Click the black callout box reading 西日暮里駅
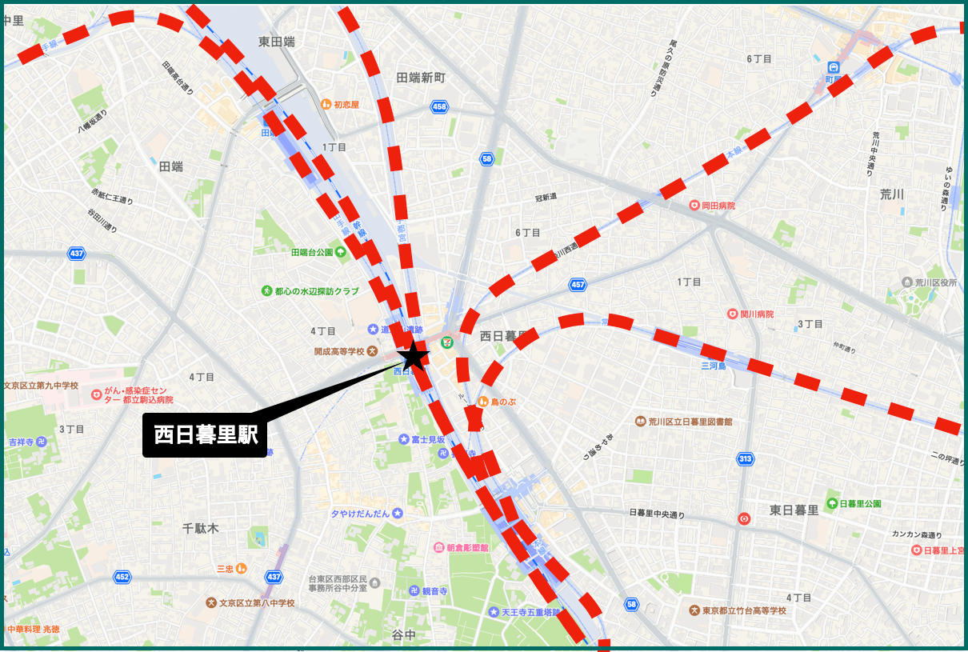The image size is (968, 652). pyautogui.click(x=205, y=435)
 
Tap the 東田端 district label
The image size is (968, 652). pyautogui.click(x=277, y=42)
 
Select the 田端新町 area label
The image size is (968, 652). pyautogui.click(x=421, y=77)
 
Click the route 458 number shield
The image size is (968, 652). pyautogui.click(x=439, y=106)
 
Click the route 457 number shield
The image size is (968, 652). pyautogui.click(x=578, y=285)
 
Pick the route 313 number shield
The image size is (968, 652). pyautogui.click(x=745, y=458)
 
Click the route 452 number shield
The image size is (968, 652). pyautogui.click(x=122, y=576)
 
